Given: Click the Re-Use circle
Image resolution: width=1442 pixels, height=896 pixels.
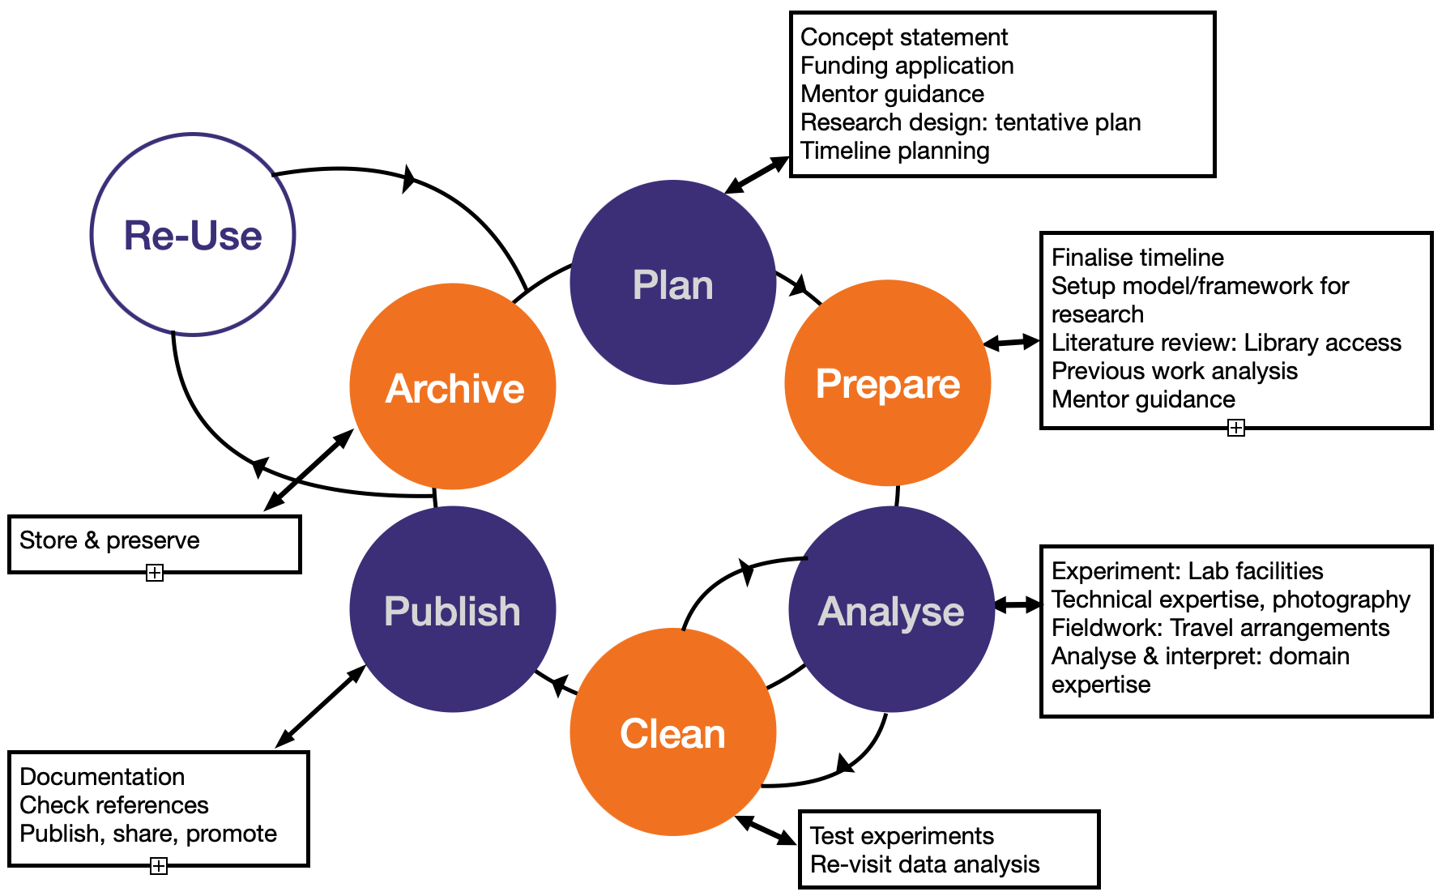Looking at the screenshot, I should (193, 235).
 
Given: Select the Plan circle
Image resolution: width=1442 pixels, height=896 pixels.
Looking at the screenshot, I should (672, 284).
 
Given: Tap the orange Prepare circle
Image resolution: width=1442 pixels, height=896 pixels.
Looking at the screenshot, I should (888, 383).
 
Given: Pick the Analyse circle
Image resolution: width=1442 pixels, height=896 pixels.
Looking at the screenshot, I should (891, 610).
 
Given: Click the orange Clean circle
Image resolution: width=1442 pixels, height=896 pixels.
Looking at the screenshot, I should (672, 732).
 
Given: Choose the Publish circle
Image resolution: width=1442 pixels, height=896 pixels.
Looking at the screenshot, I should (452, 610).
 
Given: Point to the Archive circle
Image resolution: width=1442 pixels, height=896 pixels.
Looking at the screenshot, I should (454, 387).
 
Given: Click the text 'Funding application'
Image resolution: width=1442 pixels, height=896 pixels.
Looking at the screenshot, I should (907, 66).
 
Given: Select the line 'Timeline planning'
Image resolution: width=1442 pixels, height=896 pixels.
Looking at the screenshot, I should (894, 151).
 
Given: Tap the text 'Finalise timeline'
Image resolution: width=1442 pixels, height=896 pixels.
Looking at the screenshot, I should (1137, 258).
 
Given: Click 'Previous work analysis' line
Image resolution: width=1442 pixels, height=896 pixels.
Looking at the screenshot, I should (1174, 371).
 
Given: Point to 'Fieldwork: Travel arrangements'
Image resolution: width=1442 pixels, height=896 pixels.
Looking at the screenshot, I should (1220, 628).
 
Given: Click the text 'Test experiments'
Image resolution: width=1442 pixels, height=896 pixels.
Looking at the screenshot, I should (902, 836).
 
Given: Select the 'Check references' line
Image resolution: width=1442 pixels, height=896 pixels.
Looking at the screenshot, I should (114, 805).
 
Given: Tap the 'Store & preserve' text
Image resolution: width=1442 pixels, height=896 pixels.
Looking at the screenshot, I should (109, 540).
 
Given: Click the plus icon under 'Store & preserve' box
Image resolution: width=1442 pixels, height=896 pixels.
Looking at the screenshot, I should (155, 574).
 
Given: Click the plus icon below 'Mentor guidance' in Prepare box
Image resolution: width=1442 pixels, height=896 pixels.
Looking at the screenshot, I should (1236, 428).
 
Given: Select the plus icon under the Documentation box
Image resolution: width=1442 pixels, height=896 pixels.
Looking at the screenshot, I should (159, 866).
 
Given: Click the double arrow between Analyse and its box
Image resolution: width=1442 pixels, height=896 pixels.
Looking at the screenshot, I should (1018, 604).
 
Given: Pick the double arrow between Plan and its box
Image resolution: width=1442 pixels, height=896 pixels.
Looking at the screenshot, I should (757, 175).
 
